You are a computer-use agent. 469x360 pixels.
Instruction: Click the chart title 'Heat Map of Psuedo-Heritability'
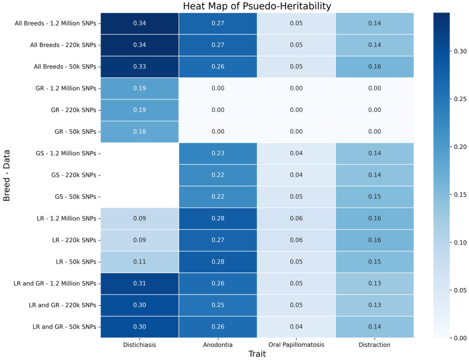point(257,6)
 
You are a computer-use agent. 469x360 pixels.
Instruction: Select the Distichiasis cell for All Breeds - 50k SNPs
point(140,67)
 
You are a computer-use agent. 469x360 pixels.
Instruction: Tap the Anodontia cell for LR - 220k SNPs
point(218,240)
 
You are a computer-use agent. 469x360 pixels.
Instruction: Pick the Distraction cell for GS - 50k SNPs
point(375,197)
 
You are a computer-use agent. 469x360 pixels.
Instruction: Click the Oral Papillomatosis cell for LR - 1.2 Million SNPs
point(296,218)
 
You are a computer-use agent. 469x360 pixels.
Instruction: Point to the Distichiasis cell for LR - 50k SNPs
point(140,262)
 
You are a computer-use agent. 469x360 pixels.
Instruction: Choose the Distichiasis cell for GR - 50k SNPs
point(140,132)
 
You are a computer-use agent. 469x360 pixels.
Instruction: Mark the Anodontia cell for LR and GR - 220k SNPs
point(218,305)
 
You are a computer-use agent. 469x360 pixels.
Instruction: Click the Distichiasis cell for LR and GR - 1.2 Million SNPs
point(140,283)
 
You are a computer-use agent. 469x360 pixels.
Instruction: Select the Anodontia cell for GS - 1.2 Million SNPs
point(218,154)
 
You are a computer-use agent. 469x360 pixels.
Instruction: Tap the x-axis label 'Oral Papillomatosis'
point(296,345)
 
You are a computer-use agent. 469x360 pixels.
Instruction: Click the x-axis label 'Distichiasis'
point(140,345)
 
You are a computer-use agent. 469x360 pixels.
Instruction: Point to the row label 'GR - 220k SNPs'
point(74,110)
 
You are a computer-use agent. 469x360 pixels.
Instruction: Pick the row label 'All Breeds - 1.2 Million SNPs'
point(55,23)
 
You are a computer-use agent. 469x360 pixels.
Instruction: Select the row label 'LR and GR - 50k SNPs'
point(65,327)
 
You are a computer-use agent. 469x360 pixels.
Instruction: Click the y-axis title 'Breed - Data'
point(7,176)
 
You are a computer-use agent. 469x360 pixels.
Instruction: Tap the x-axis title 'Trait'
point(257,354)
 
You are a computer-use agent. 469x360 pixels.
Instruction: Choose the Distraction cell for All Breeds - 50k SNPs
point(375,67)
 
